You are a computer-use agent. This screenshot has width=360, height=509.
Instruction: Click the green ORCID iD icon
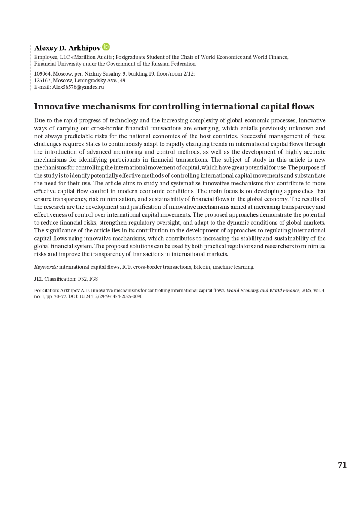click(106, 47)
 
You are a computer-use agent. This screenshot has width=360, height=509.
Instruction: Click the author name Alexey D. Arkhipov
click(67, 48)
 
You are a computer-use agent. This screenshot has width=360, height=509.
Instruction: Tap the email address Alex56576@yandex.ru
click(78, 87)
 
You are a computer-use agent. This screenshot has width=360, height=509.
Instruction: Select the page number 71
click(342, 465)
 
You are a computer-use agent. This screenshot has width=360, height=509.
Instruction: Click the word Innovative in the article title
click(57, 106)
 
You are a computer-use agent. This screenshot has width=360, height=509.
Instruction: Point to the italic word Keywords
click(46, 267)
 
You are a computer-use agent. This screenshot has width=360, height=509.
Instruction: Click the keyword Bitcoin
click(202, 267)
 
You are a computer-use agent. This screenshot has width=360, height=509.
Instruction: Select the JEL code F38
click(94, 279)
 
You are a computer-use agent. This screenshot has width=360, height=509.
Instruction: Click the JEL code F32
click(82, 279)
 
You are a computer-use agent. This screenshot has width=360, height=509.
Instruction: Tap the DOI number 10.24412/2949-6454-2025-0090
click(111, 296)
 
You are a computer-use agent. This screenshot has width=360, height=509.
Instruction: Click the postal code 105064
click(42, 74)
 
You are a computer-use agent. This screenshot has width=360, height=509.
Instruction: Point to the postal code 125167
click(42, 80)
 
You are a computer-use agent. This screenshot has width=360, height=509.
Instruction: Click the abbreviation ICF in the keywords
click(126, 267)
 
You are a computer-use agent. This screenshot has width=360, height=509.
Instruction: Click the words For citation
click(46, 290)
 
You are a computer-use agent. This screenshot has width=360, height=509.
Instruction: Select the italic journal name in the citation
click(263, 290)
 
